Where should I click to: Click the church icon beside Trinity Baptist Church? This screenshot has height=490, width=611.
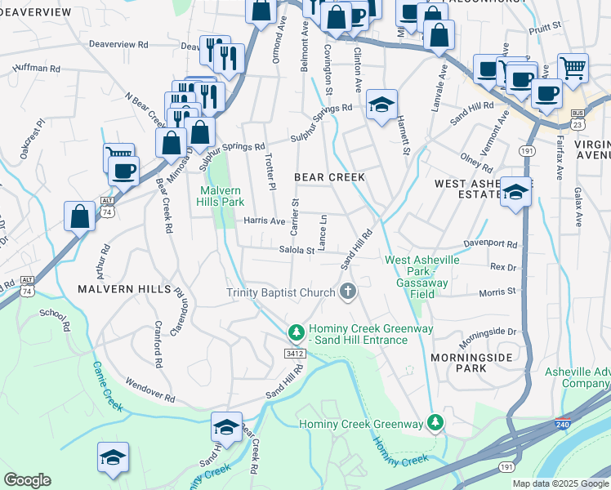pos(348,292)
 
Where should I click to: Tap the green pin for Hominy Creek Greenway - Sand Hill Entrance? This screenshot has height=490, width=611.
pos(296,333)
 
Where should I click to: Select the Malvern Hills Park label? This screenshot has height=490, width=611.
pos(221,196)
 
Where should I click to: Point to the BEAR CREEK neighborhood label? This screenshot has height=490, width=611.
pos(328,177)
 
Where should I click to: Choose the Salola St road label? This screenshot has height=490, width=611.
pos(297,251)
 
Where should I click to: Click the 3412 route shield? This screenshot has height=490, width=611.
pos(295,354)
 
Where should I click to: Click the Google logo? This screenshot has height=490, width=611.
pos(27,479)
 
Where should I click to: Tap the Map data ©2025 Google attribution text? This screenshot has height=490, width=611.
pos(560,483)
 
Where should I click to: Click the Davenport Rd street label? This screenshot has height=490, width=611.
pos(491,244)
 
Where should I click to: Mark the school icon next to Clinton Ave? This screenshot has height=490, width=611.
pos(381,105)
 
